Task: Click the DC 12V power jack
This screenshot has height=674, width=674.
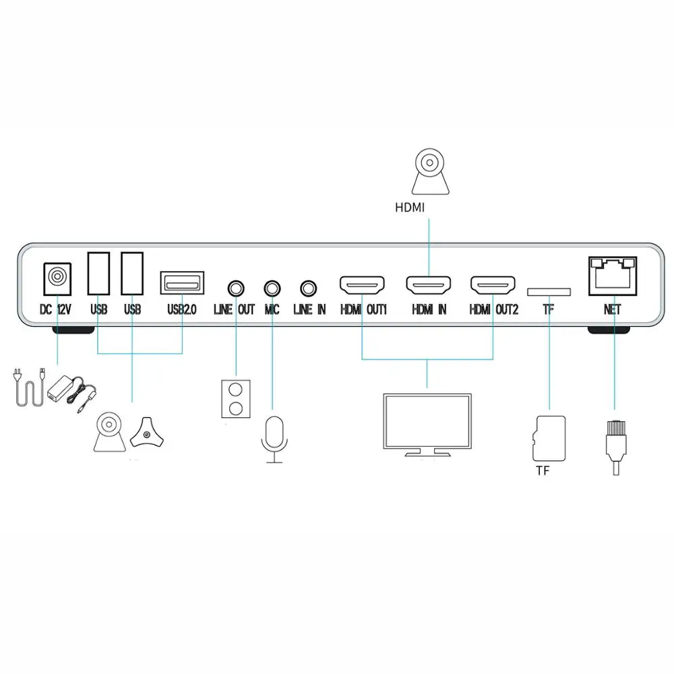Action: [x=57, y=278]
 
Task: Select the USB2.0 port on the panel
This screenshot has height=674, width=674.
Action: [x=182, y=282]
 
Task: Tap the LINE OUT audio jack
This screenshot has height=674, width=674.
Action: [x=235, y=288]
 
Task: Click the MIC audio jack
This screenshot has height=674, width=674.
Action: [x=272, y=288]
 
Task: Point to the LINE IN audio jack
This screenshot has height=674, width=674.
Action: [x=308, y=288]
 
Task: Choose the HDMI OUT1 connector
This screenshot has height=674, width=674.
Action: [x=362, y=285]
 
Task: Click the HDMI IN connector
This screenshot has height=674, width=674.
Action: [x=429, y=285]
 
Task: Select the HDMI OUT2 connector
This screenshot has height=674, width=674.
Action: [x=493, y=285]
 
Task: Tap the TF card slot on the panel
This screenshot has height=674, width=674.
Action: [x=549, y=292]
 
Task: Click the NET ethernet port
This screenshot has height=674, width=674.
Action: [x=613, y=276]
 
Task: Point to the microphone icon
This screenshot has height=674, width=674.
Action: [x=274, y=439]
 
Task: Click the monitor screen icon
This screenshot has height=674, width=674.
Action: [x=427, y=425]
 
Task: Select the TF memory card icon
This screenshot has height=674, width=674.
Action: [x=549, y=439]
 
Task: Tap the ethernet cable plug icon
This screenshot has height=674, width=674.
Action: [x=616, y=448]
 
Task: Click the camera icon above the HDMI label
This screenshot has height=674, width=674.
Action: [x=430, y=171]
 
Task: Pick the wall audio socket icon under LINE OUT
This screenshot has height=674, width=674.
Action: [x=235, y=398]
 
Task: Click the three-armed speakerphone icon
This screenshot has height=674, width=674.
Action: [x=147, y=433]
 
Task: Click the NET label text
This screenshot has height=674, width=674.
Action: [x=612, y=309]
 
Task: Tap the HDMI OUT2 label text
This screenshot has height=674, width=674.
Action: [x=494, y=309]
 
